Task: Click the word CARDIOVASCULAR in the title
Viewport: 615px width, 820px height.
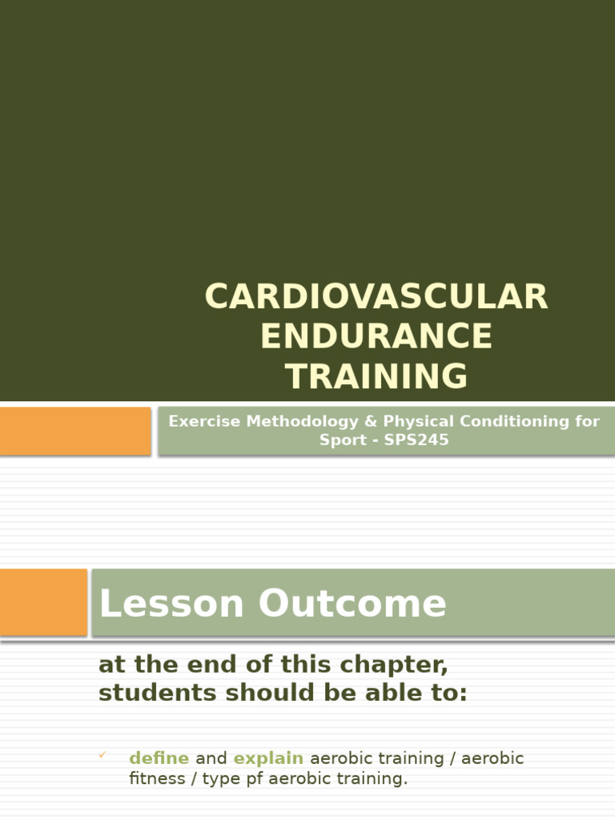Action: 376,297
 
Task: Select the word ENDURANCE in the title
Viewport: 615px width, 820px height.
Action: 376,336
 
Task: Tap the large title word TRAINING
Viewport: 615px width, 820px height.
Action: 376,376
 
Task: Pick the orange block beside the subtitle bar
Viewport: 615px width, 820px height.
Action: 74,431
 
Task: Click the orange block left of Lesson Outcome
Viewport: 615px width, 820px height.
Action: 43,602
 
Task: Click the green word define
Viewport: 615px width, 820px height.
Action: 159,758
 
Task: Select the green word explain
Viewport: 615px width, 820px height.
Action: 268,758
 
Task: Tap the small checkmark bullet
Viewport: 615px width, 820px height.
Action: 102,754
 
